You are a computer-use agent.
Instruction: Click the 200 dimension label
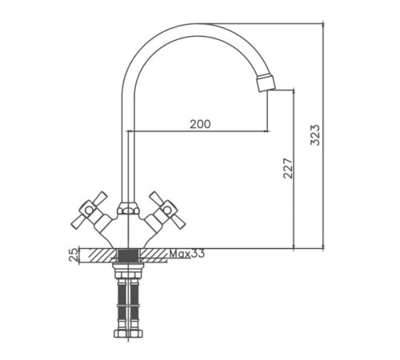click(200, 124)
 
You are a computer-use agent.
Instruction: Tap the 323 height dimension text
click(315, 134)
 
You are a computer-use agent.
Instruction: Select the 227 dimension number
click(288, 168)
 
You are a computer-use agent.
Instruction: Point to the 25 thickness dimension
click(74, 254)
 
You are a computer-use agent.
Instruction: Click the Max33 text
click(187, 254)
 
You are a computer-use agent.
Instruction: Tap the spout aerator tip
click(266, 82)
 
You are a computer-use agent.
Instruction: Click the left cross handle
click(90, 210)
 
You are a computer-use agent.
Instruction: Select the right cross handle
click(167, 210)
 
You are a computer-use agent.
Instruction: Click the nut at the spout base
click(128, 208)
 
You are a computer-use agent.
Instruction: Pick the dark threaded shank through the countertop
click(129, 255)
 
